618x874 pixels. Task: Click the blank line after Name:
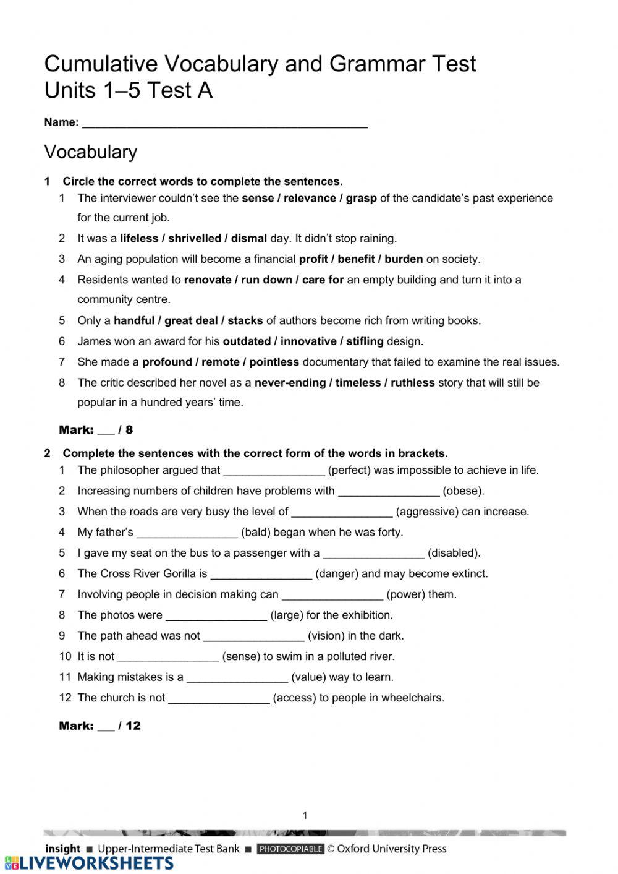point(225,123)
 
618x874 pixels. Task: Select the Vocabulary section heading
point(91,152)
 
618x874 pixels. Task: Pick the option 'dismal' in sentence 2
point(249,239)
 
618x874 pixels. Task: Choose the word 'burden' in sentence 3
point(404,259)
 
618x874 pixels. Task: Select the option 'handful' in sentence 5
point(134,321)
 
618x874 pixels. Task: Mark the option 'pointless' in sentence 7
point(274,362)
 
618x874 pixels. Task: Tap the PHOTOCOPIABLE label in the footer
point(290,849)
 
